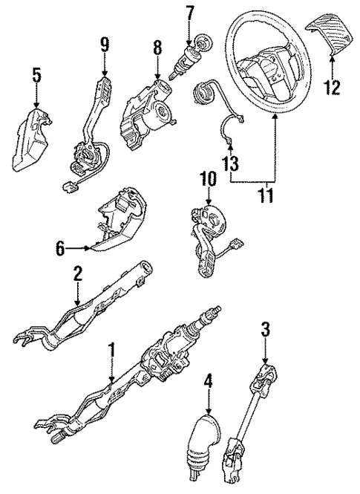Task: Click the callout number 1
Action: tap(112, 349)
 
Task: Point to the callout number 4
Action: tap(208, 382)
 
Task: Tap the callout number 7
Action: tap(190, 13)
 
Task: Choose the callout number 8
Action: tap(157, 48)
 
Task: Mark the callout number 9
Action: tap(104, 45)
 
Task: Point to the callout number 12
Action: tap(332, 88)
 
